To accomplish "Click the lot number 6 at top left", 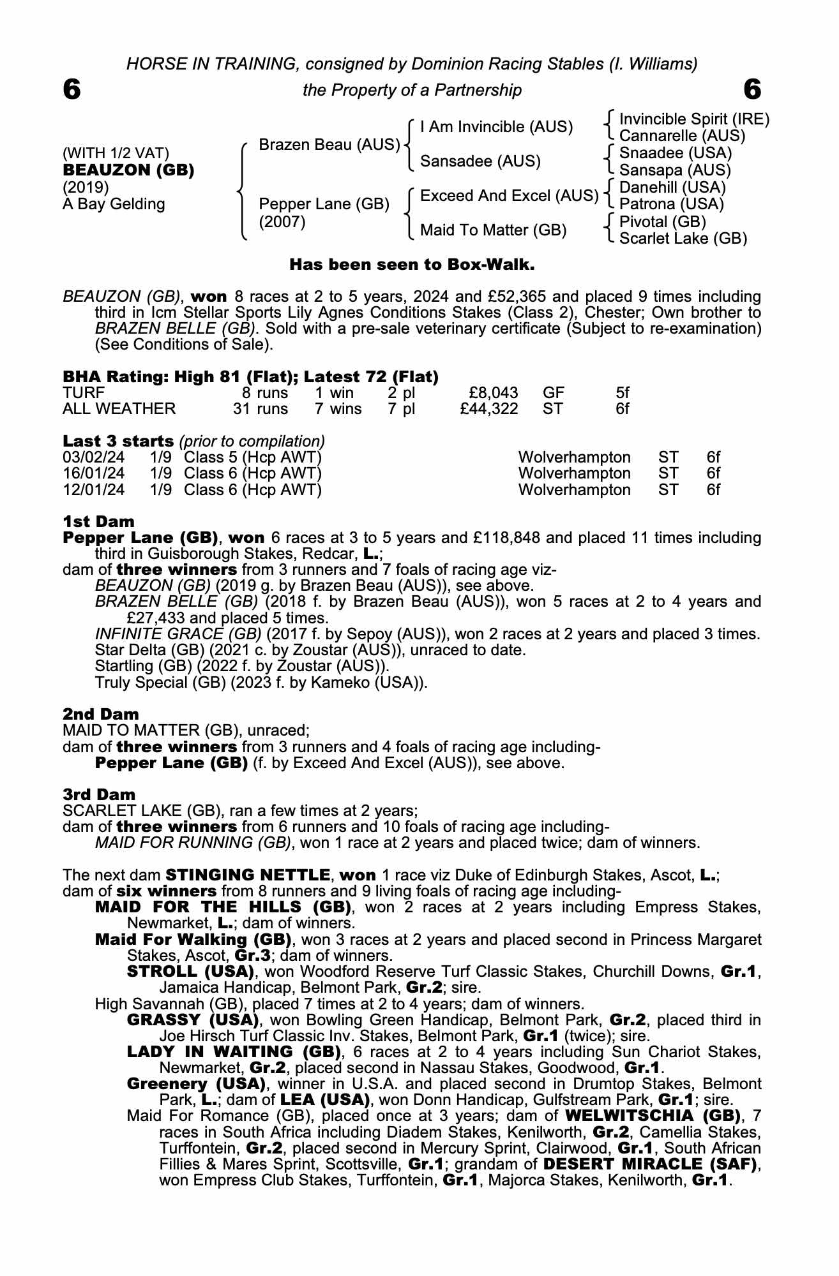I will click(72, 90).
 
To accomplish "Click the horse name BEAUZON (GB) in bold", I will click(128, 170).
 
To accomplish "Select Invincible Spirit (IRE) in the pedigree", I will click(694, 119).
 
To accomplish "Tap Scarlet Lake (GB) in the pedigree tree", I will click(683, 239).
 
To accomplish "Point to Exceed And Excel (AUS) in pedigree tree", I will click(509, 196).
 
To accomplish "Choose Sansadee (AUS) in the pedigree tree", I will click(480, 161).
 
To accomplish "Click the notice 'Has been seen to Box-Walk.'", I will click(412, 264).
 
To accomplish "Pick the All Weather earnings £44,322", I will click(488, 408).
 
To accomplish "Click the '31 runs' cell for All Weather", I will click(260, 408).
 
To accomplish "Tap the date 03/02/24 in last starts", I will click(94, 457).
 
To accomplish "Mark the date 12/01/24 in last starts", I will click(94, 490).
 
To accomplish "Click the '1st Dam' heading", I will click(99, 522).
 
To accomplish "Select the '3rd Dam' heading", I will click(99, 794).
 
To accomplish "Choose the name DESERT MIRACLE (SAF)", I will click(651, 1164).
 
